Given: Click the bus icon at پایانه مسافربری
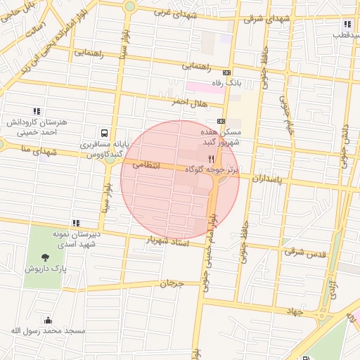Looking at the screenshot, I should click(x=104, y=133).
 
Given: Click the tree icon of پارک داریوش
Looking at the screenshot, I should click(x=46, y=257).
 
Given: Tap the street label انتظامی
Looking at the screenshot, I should click(x=146, y=166).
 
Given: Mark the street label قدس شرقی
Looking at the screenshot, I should click(x=306, y=251).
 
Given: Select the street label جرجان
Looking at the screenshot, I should click(x=172, y=284).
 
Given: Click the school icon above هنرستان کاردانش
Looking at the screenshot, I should click(x=36, y=111).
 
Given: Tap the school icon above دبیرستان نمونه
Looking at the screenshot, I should click(x=76, y=224).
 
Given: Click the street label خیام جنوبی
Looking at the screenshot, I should click(x=286, y=116).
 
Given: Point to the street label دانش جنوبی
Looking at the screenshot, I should click(x=345, y=134).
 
